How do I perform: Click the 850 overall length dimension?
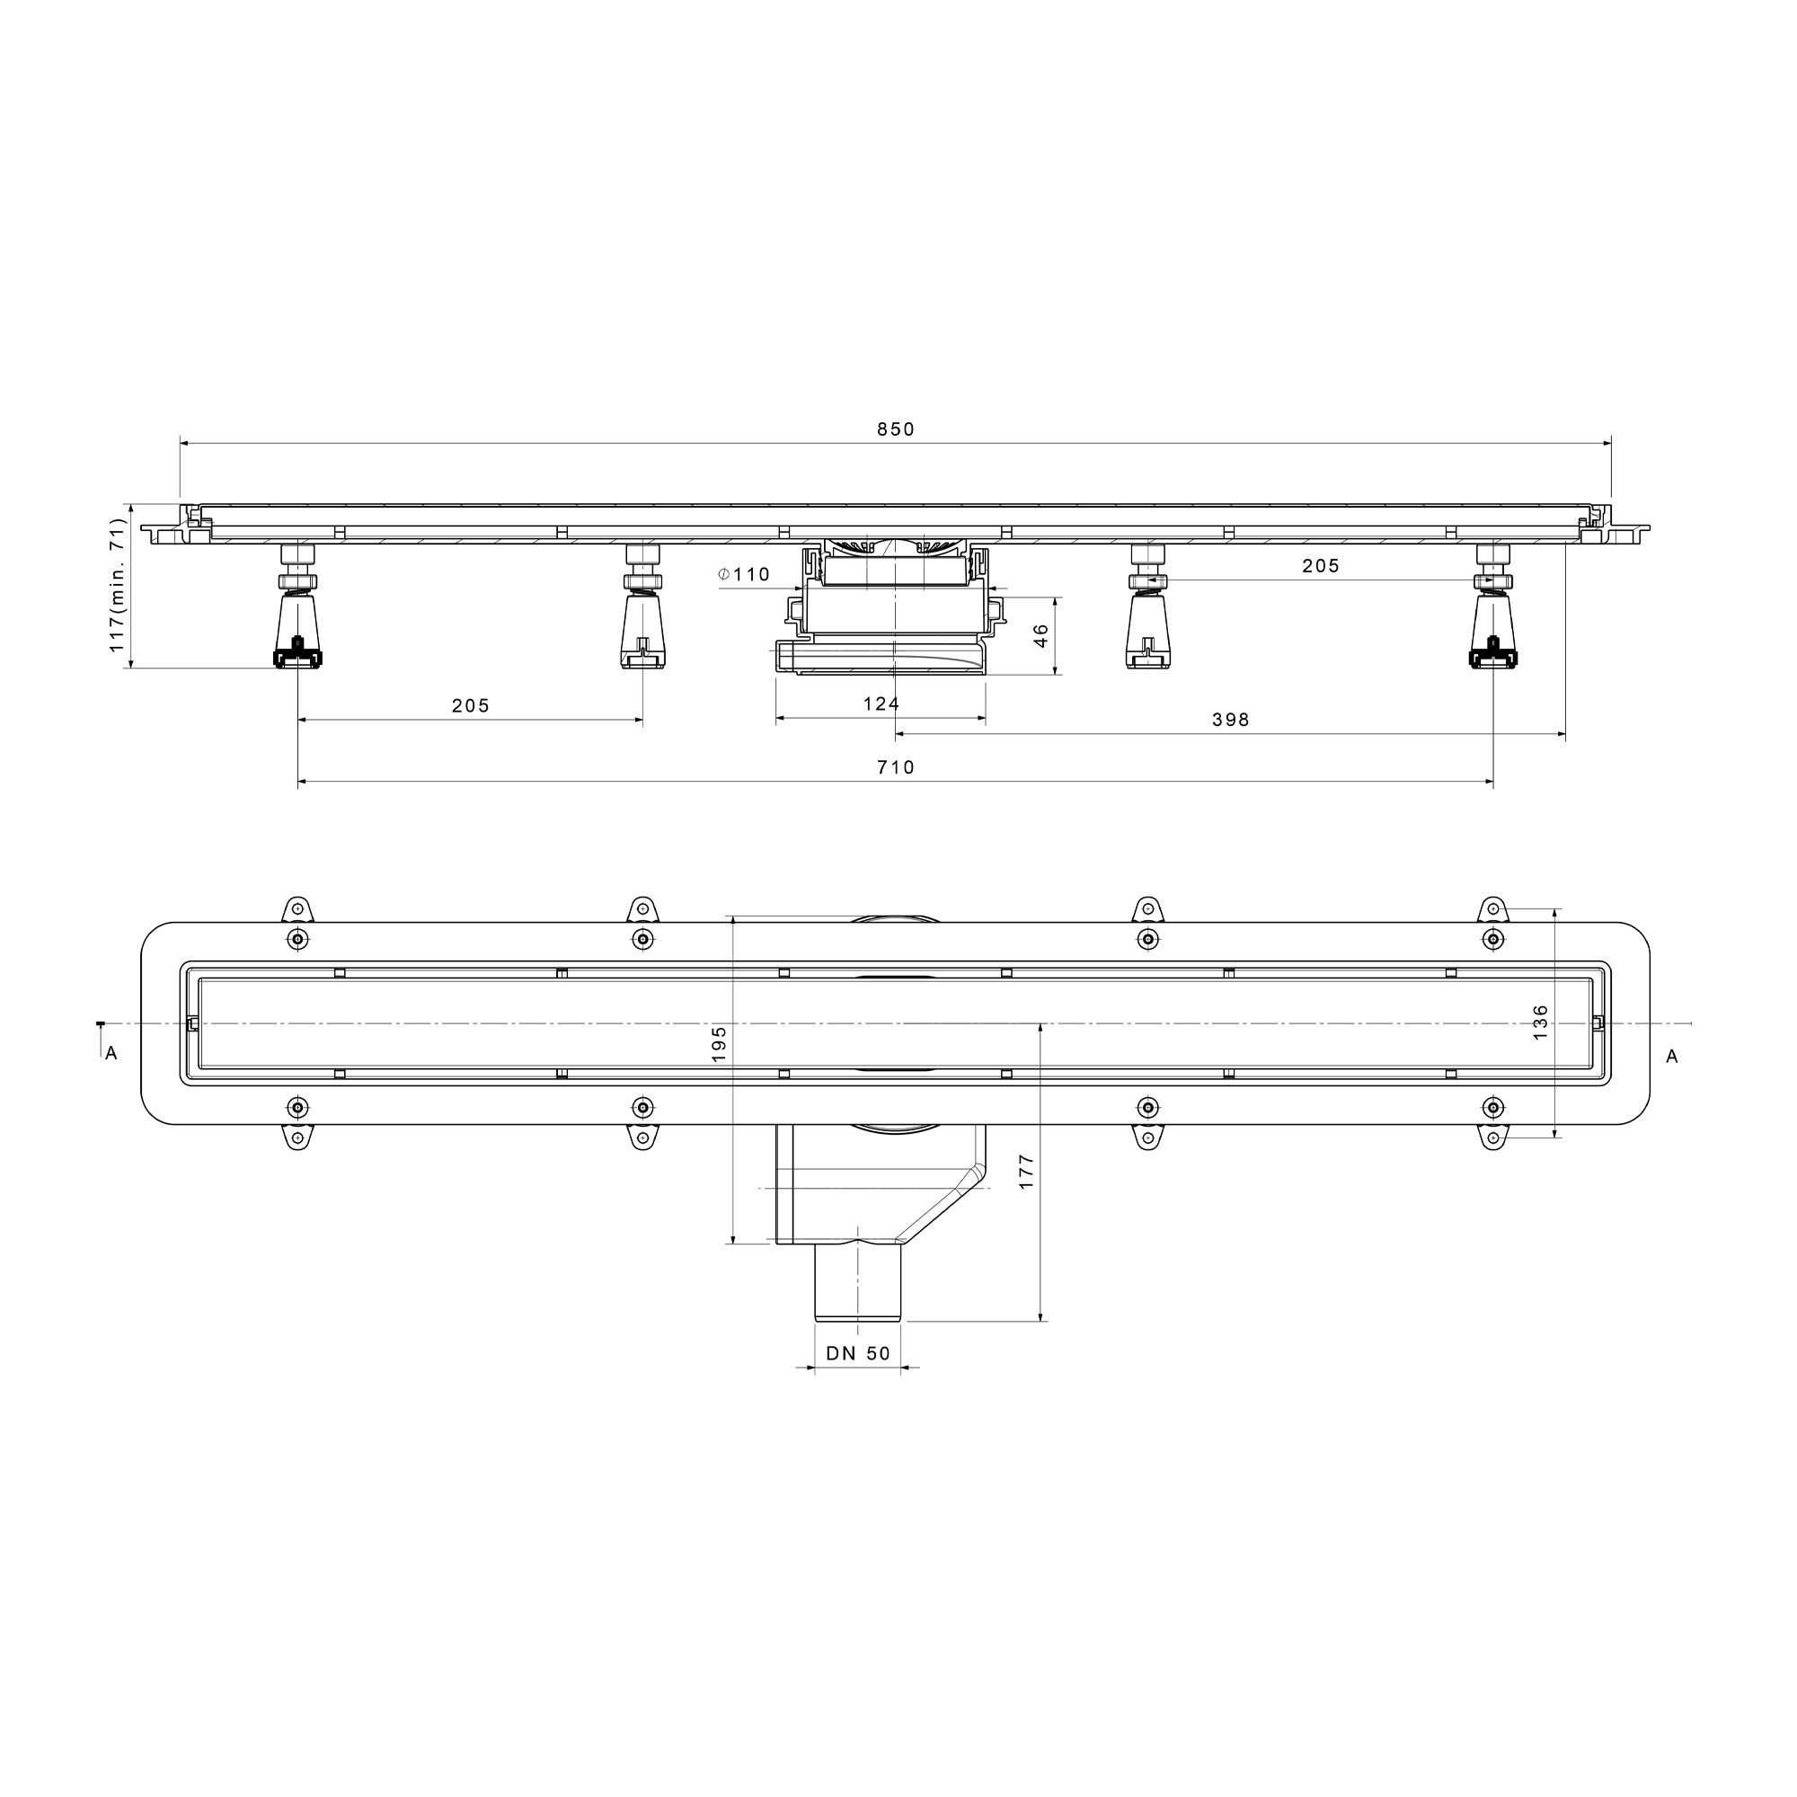click(x=896, y=429)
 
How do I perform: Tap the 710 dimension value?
click(x=896, y=767)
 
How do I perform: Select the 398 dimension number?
click(x=1231, y=720)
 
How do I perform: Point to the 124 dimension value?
click(x=881, y=704)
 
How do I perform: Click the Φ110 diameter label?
click(x=744, y=575)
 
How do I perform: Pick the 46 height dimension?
click(x=1040, y=635)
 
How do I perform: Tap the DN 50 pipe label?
click(x=858, y=1354)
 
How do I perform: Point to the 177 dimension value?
click(x=1026, y=1172)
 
